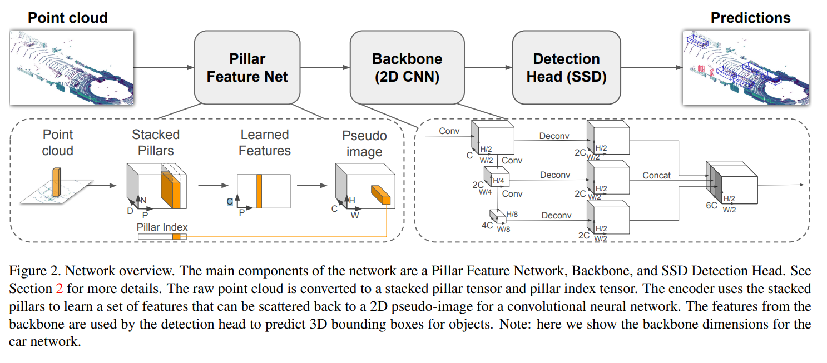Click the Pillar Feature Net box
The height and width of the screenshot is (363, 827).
[x=247, y=67]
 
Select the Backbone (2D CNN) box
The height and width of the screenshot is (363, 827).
[x=407, y=67]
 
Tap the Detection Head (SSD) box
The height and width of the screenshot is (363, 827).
[x=566, y=67]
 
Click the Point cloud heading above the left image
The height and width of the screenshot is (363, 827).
[x=68, y=18]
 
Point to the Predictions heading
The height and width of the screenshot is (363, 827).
[x=750, y=18]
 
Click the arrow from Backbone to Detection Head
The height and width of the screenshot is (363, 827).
[x=488, y=68]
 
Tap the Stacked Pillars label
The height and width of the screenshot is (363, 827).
[x=156, y=142]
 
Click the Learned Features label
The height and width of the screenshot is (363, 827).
[x=265, y=142]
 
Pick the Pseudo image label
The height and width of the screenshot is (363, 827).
[x=364, y=143]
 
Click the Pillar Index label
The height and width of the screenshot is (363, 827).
[x=162, y=227]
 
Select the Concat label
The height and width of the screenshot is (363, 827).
[x=656, y=175]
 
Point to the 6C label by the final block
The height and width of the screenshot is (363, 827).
[x=711, y=205]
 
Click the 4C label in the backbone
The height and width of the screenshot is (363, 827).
[x=487, y=225]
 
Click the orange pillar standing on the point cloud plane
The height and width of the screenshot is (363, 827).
[x=56, y=182]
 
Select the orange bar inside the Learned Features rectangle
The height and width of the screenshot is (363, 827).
[x=259, y=191]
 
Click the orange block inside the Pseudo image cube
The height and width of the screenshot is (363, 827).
[x=381, y=195]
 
